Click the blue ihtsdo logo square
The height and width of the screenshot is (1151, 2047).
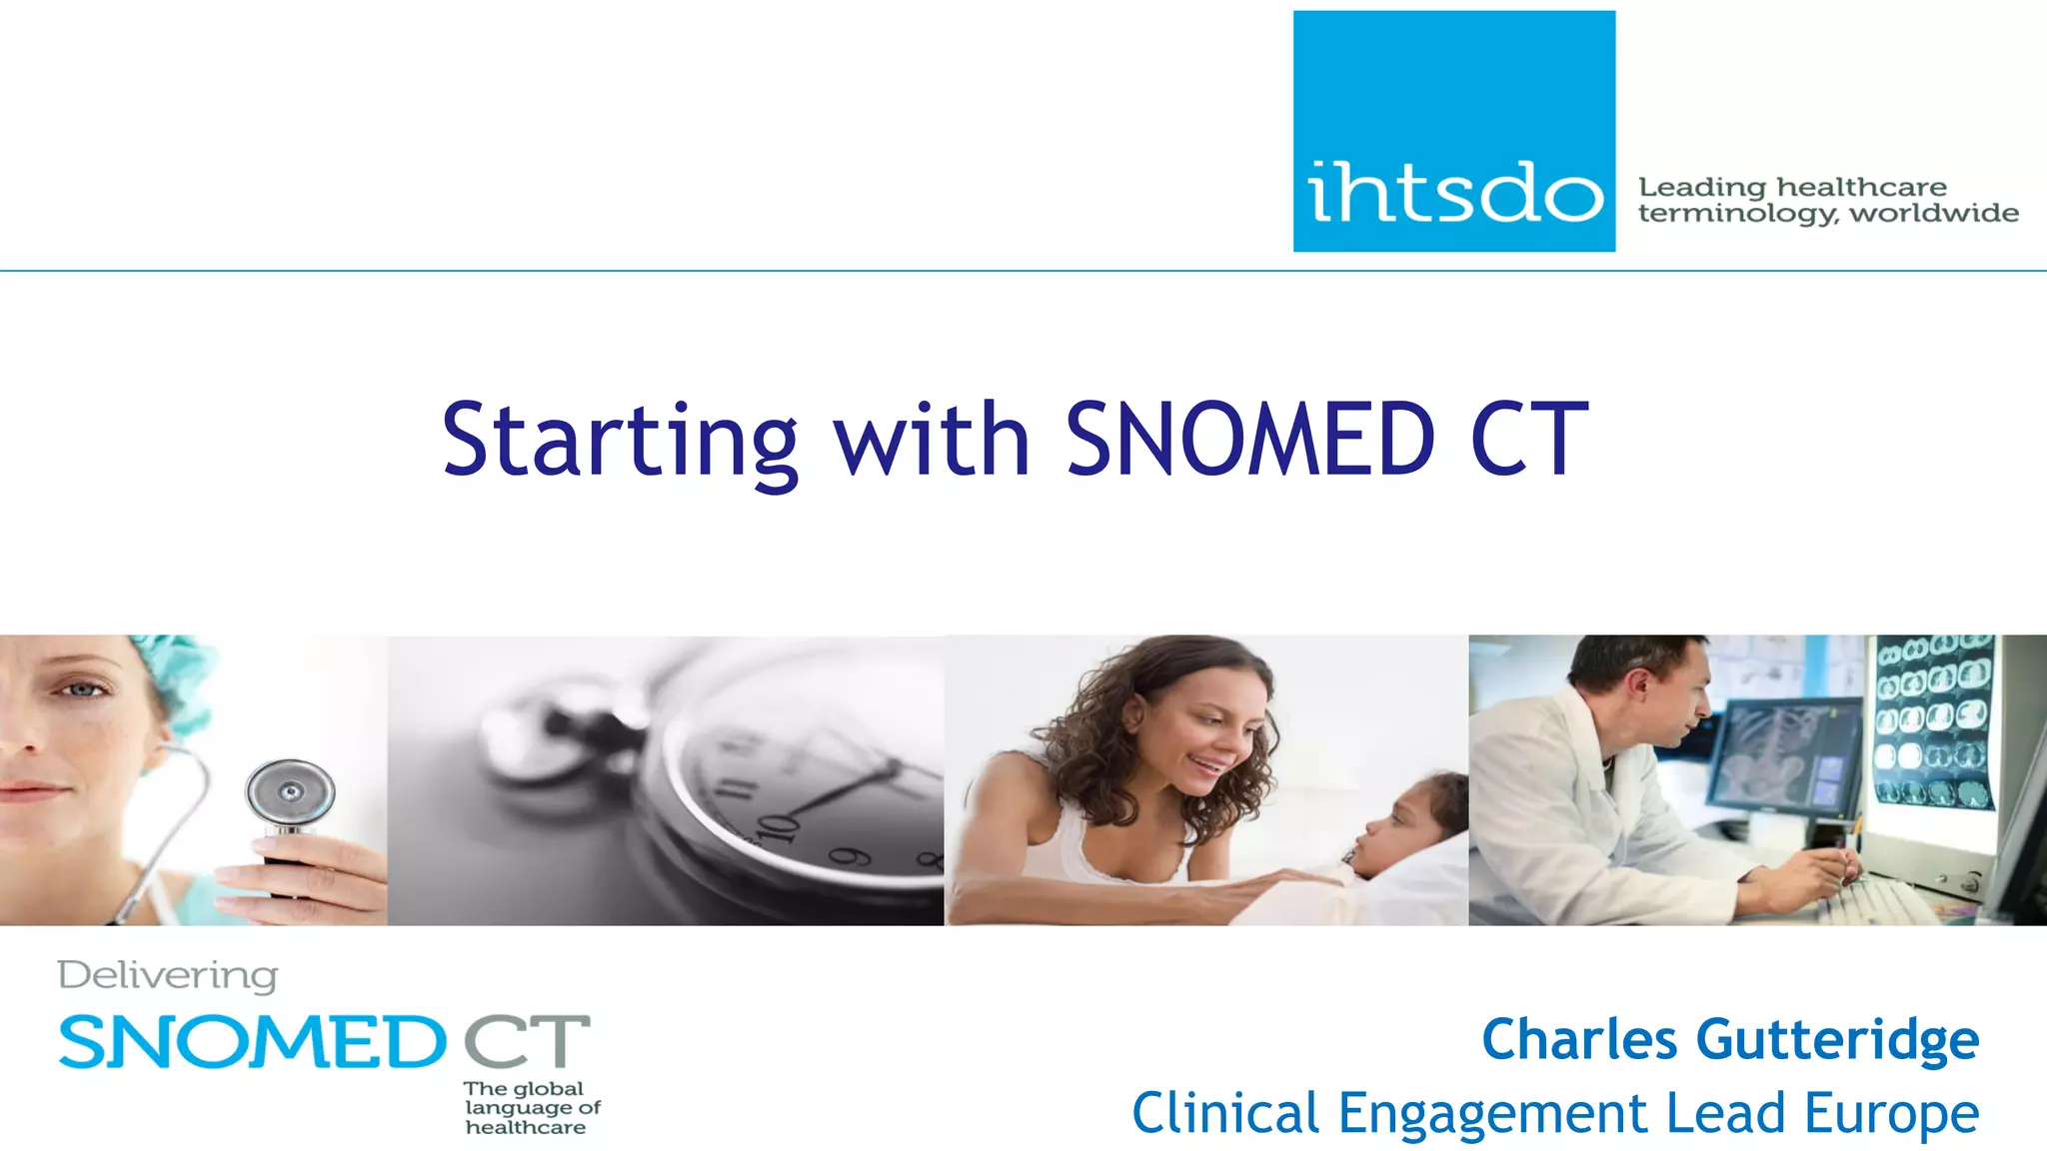[x=1453, y=131]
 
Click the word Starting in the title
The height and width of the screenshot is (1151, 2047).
[x=620, y=440]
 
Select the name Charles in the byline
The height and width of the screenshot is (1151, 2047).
[x=1579, y=1039]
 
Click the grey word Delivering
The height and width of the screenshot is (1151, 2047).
[x=168, y=976]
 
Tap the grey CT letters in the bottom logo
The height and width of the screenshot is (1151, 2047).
[x=527, y=1041]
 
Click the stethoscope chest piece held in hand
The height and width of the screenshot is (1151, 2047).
[x=291, y=794]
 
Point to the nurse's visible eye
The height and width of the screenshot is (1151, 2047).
[x=84, y=689]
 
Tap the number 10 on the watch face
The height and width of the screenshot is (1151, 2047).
[x=779, y=828]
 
